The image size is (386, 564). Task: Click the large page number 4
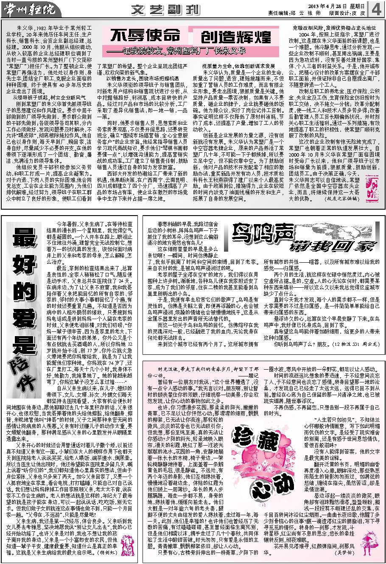click(377, 8)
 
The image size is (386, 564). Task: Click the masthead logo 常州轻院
click(28, 8)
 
